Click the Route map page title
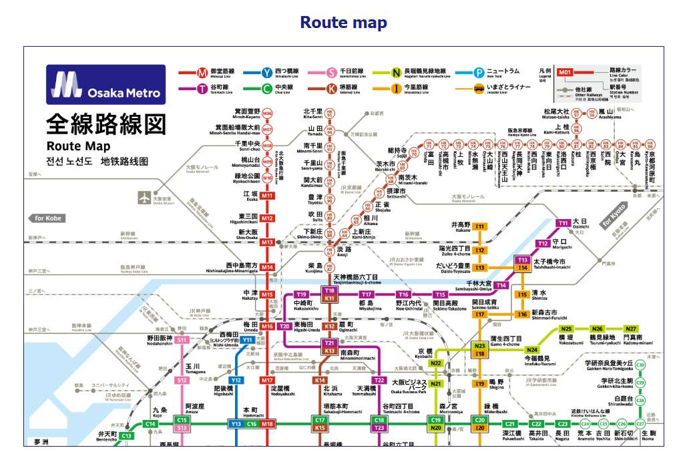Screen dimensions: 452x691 click(x=343, y=23)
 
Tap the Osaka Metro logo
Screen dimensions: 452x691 click(x=105, y=85)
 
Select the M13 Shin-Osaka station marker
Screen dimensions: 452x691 click(x=267, y=242)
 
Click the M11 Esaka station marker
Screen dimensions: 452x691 click(x=267, y=196)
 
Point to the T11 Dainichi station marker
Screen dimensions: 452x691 click(x=563, y=223)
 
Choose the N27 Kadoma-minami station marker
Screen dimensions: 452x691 click(x=630, y=328)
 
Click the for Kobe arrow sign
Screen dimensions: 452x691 click(x=47, y=218)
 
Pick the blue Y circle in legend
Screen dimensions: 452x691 click(x=266, y=71)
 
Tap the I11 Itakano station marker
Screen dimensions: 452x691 click(x=479, y=227)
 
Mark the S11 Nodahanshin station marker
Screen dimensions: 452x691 click(x=182, y=340)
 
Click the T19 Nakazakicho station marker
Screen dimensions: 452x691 click(x=302, y=294)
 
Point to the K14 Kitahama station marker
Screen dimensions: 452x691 click(x=320, y=380)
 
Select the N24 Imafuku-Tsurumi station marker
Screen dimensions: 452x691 click(x=531, y=349)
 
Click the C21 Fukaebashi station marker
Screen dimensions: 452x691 click(x=510, y=424)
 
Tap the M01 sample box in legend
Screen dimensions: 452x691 click(x=565, y=71)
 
